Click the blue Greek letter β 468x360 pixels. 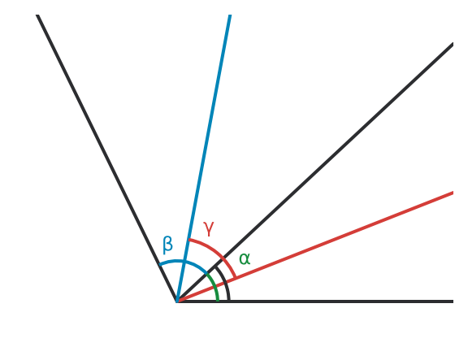point(167,245)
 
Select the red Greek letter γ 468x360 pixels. point(209,229)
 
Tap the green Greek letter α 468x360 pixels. point(245,258)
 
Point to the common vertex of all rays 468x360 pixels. point(177,301)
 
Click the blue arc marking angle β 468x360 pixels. point(183,262)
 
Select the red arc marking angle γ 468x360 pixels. point(217,253)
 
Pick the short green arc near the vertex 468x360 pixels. point(214,285)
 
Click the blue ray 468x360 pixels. point(204,158)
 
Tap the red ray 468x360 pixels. point(315,247)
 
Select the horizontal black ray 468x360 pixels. point(315,301)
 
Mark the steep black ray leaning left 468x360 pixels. point(107,158)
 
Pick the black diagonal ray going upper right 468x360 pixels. point(315,173)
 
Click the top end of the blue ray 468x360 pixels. point(230,15)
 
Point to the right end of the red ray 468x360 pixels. point(453,193)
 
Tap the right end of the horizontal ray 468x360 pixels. point(453,301)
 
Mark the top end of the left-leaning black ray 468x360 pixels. point(37,15)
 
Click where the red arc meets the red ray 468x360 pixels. point(236,278)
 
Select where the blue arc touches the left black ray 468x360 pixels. point(160,265)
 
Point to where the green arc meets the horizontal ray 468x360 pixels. point(218,301)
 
